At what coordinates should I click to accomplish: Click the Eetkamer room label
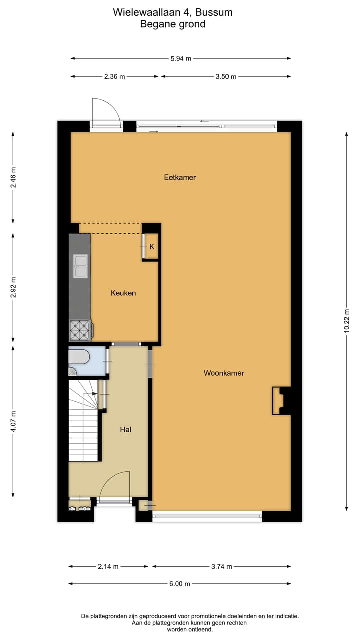click(180, 177)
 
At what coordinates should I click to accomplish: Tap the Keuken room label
click(123, 293)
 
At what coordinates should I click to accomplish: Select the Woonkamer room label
click(224, 373)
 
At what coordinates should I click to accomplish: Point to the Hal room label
click(126, 429)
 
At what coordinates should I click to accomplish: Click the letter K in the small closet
click(152, 246)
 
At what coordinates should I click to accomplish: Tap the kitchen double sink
click(80, 266)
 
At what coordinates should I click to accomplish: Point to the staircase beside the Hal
click(83, 422)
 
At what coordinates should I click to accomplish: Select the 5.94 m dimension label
click(181, 59)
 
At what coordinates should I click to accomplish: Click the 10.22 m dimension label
click(347, 321)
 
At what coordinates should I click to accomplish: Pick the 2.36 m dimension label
click(114, 77)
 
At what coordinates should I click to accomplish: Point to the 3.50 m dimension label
click(226, 77)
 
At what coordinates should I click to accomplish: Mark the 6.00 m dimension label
click(180, 584)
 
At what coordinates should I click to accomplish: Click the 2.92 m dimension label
click(13, 287)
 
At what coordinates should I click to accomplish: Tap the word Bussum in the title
click(213, 12)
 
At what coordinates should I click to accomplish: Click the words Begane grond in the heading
click(173, 24)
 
